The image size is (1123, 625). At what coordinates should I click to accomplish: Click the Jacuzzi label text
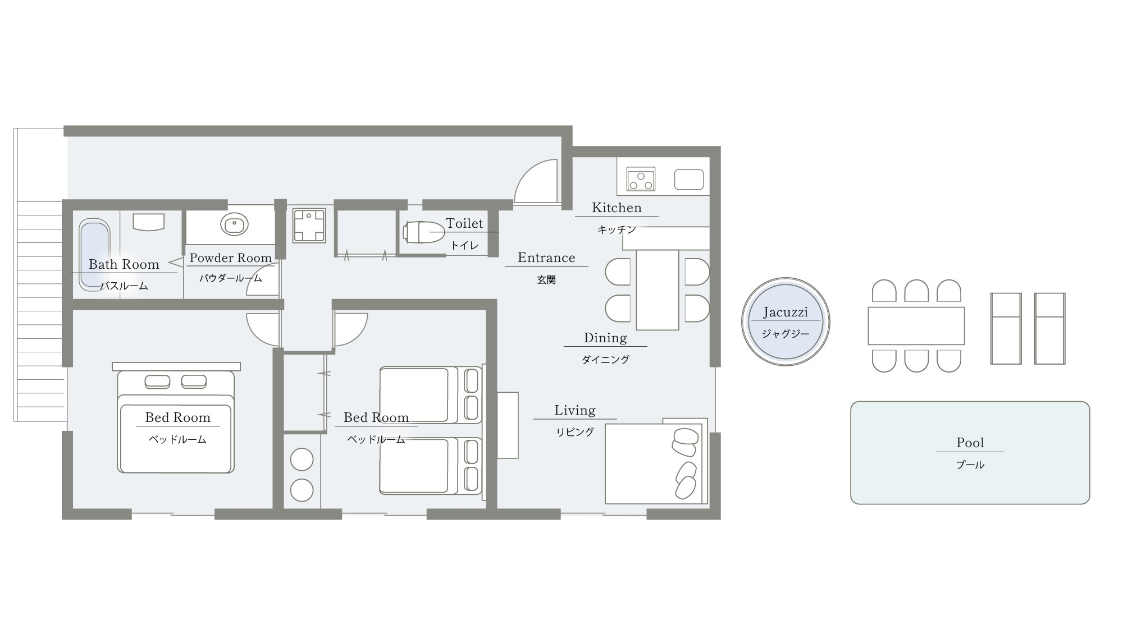(786, 312)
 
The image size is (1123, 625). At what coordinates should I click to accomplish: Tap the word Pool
(970, 443)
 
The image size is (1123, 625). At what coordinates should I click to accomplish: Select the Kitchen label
(617, 208)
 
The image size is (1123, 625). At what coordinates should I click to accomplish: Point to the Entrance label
(546, 258)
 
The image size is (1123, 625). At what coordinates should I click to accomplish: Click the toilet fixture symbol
(424, 232)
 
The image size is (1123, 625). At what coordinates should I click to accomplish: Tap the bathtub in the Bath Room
(94, 255)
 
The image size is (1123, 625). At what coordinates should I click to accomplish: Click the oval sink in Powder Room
(234, 224)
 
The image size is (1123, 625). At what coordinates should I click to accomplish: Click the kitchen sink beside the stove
(689, 180)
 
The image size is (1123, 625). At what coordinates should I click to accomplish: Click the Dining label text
(605, 338)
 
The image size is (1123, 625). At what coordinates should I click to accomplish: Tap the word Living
(575, 410)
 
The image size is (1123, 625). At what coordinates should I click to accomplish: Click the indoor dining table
(658, 289)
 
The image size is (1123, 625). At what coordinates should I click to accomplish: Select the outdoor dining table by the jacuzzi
(916, 325)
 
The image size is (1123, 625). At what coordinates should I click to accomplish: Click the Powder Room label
(231, 258)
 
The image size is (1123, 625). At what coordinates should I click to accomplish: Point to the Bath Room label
(124, 264)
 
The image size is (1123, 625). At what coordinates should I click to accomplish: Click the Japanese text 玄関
(546, 279)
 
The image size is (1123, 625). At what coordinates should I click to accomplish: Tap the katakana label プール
(970, 465)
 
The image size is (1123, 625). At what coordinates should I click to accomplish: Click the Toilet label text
(464, 223)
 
